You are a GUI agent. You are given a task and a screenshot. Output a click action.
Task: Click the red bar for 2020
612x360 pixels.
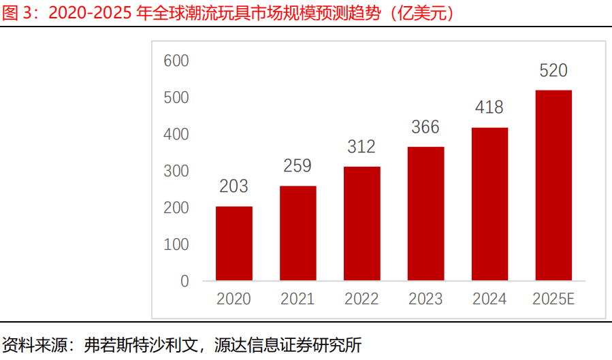click(x=234, y=243)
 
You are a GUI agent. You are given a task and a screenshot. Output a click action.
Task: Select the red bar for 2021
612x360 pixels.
click(x=298, y=233)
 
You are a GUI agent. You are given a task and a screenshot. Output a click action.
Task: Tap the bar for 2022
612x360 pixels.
click(x=362, y=223)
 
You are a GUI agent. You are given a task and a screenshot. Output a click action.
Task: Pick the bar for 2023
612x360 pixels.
click(x=425, y=213)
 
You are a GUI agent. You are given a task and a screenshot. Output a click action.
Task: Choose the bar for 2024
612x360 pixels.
click(x=489, y=203)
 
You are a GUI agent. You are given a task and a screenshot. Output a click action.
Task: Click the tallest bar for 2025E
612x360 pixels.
click(x=553, y=185)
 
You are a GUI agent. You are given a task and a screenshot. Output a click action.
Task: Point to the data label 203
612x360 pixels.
click(x=234, y=186)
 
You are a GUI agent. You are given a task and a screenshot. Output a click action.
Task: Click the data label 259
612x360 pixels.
click(x=298, y=166)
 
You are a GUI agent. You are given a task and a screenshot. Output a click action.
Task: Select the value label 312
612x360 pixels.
click(x=362, y=146)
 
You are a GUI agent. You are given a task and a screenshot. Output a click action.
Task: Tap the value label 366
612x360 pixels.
click(x=425, y=127)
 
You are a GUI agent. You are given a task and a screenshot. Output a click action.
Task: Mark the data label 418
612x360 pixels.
click(x=489, y=108)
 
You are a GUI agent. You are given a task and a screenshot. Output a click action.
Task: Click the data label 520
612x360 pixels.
click(x=553, y=71)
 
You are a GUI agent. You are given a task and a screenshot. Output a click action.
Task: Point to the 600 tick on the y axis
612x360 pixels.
click(x=176, y=61)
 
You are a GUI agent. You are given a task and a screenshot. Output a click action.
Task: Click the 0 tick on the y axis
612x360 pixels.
click(x=184, y=280)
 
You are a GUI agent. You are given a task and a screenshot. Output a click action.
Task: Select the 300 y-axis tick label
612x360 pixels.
click(x=176, y=171)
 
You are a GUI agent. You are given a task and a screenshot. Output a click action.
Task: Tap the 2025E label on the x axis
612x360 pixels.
click(x=553, y=299)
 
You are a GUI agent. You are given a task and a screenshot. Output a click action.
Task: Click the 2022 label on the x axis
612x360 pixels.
click(x=362, y=299)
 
